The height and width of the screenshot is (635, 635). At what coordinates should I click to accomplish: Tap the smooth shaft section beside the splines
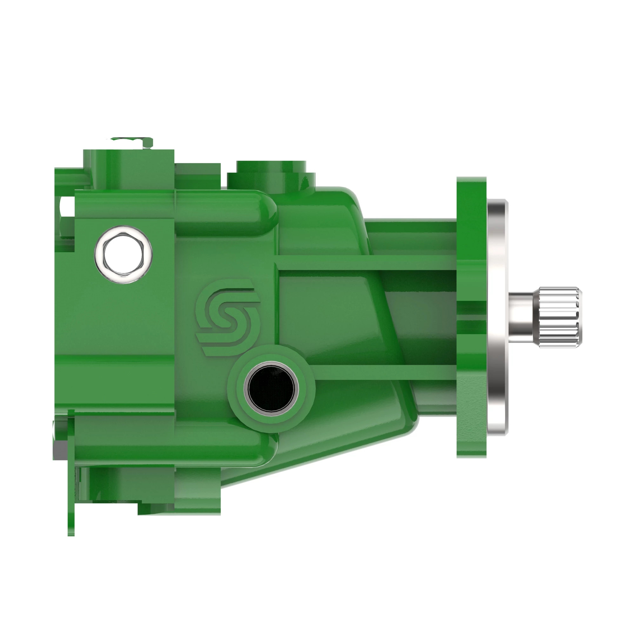click(x=523, y=317)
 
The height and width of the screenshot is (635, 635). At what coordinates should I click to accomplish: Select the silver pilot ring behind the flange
click(x=497, y=317)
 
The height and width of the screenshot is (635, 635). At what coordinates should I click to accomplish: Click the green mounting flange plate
click(x=471, y=317)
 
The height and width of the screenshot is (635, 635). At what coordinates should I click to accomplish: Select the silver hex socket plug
click(x=123, y=255)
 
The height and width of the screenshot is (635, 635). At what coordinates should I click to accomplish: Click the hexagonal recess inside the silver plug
click(x=123, y=255)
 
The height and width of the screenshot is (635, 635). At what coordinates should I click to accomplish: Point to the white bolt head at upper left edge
click(x=67, y=207)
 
